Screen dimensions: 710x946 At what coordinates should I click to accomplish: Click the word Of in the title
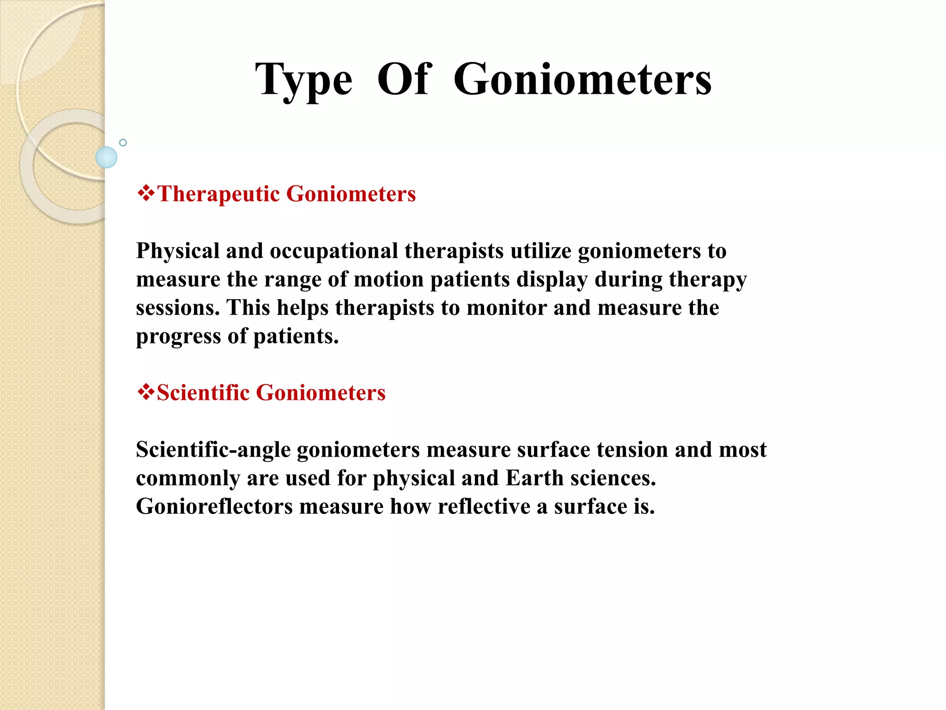(404, 80)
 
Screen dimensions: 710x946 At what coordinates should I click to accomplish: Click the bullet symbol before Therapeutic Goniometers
(146, 193)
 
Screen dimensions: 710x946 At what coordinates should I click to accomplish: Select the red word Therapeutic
(218, 194)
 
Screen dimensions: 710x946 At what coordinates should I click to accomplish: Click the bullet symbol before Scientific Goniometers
(146, 392)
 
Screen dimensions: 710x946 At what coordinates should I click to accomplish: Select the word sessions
(177, 308)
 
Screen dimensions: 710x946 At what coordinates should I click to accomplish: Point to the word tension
(632, 450)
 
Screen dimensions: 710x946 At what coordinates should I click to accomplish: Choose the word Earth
(534, 478)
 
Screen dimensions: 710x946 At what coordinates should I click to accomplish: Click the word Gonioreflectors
(214, 507)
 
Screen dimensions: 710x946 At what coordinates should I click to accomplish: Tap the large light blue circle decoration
(106, 157)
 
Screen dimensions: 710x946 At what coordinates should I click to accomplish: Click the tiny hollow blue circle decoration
(123, 142)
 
